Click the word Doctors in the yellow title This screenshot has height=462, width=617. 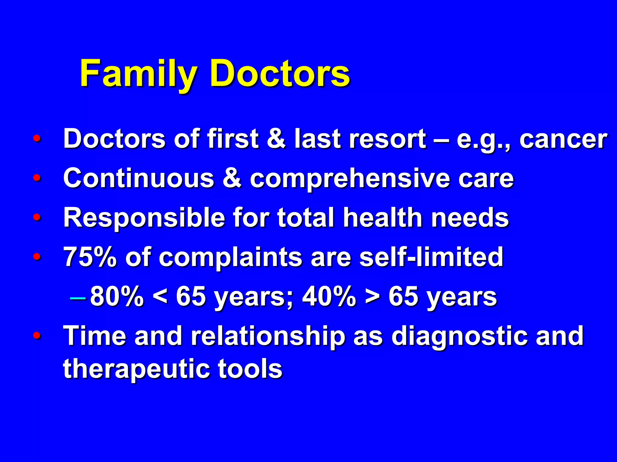pyautogui.click(x=280, y=74)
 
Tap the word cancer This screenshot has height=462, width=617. pyautogui.click(x=563, y=139)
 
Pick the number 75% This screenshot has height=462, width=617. pyautogui.click(x=90, y=257)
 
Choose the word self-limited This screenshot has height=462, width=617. pyautogui.click(x=431, y=257)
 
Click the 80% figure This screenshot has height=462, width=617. pyautogui.click(x=117, y=297)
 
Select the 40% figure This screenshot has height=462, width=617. pyautogui.click(x=329, y=297)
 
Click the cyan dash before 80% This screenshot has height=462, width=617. pyautogui.click(x=77, y=298)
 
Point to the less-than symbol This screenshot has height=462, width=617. pyautogui.click(x=160, y=297)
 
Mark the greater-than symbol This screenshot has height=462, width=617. pyautogui.click(x=372, y=297)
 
